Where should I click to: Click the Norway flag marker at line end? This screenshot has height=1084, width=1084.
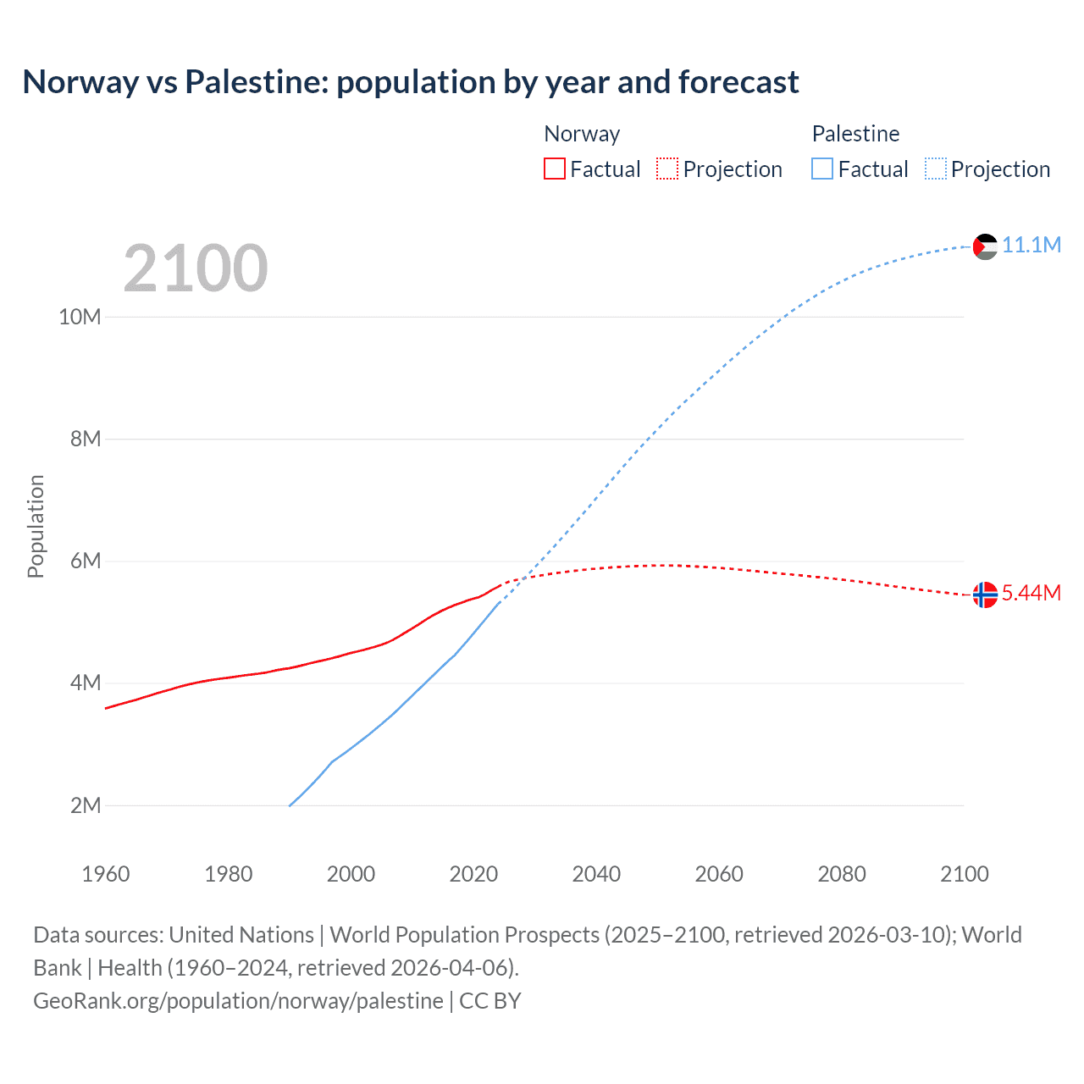pyautogui.click(x=985, y=595)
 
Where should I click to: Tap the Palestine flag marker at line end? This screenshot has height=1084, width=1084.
pyautogui.click(x=985, y=246)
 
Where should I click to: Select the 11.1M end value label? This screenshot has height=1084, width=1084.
pyautogui.click(x=1031, y=246)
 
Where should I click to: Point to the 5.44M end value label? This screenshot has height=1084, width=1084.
pyautogui.click(x=1031, y=593)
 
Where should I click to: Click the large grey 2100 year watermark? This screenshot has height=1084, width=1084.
pyautogui.click(x=196, y=268)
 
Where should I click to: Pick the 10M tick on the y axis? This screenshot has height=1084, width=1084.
pyautogui.click(x=80, y=318)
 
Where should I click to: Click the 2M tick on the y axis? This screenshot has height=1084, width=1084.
pyautogui.click(x=86, y=805)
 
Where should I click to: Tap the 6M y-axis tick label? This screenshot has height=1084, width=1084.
pyautogui.click(x=86, y=561)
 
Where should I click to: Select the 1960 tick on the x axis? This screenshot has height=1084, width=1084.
pyautogui.click(x=106, y=874)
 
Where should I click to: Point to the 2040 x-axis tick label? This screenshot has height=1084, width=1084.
pyautogui.click(x=596, y=874)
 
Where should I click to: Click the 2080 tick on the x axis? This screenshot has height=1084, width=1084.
pyautogui.click(x=842, y=874)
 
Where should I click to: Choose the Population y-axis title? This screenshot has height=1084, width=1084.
pyautogui.click(x=36, y=527)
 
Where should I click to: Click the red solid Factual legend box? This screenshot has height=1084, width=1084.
pyautogui.click(x=554, y=169)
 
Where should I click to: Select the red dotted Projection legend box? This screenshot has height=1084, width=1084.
pyautogui.click(x=667, y=169)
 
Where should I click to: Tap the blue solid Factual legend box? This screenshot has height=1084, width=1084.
pyautogui.click(x=822, y=169)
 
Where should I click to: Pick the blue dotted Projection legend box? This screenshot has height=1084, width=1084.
pyautogui.click(x=936, y=169)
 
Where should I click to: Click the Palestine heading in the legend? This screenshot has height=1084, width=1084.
pyautogui.click(x=855, y=134)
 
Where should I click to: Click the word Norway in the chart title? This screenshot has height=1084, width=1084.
pyautogui.click(x=80, y=82)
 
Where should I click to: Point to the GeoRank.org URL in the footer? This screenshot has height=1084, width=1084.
pyautogui.click(x=238, y=1001)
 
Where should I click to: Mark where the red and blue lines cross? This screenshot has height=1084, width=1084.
pyautogui.click(x=525, y=578)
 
